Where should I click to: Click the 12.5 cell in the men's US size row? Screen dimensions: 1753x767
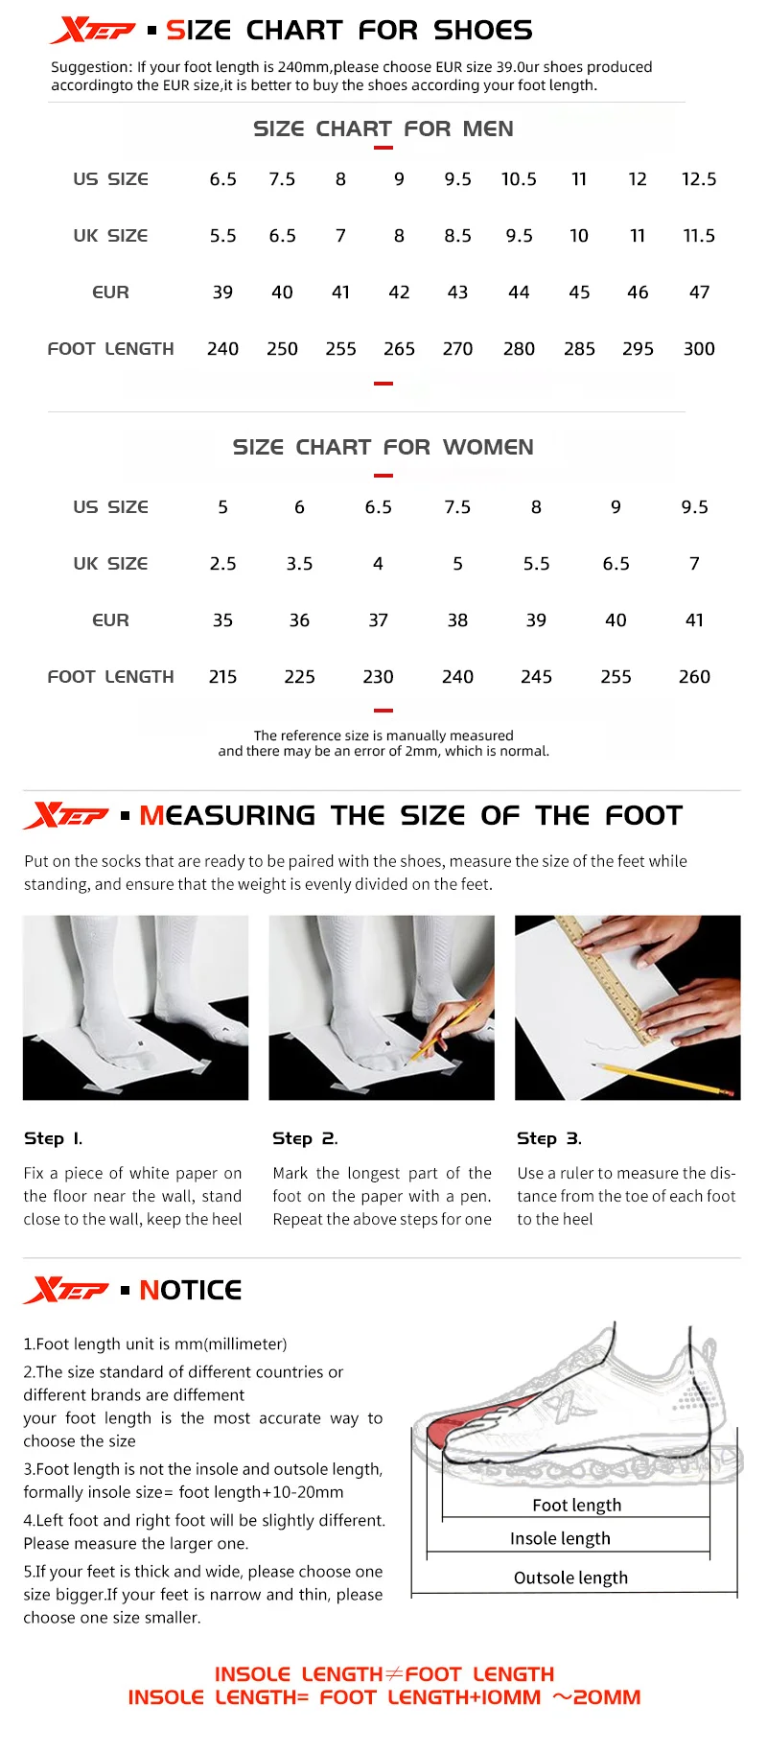(x=699, y=179)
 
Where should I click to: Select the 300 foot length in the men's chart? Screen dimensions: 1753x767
(x=699, y=349)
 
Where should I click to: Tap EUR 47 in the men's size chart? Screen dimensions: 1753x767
(x=699, y=292)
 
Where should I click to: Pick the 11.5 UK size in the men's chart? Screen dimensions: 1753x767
(x=699, y=236)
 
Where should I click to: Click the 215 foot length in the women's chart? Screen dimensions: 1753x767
(x=222, y=677)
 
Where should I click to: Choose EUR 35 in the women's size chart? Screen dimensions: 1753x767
(x=222, y=620)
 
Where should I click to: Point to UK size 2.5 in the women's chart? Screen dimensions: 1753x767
(x=222, y=564)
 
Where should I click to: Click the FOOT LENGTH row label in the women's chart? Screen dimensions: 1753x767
(x=110, y=677)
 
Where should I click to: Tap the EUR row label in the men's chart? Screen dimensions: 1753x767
(x=110, y=292)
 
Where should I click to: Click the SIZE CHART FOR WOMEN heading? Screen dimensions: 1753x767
(x=383, y=447)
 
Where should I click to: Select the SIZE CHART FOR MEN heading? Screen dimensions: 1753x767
(x=383, y=129)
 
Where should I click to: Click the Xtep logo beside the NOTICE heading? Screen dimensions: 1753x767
(x=66, y=1290)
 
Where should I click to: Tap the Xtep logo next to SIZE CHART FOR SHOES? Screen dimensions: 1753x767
(x=92, y=31)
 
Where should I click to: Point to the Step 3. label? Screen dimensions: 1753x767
(x=548, y=1138)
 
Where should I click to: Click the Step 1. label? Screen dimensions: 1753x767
(x=53, y=1138)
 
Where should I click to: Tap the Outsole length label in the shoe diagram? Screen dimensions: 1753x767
(x=570, y=1578)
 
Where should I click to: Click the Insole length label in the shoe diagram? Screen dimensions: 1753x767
(x=560, y=1538)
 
